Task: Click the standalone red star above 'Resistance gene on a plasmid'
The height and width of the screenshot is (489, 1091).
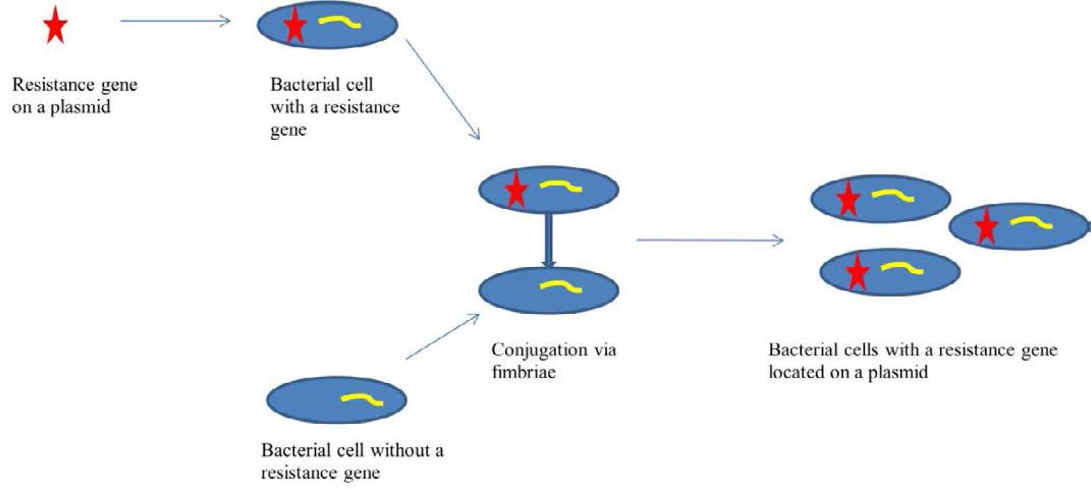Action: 55,27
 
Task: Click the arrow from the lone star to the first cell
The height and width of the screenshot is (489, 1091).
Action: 175,21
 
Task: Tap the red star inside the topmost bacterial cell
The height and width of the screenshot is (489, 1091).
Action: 295,26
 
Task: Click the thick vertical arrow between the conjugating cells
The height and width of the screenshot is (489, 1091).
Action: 549,240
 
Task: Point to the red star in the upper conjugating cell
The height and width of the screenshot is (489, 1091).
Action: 517,190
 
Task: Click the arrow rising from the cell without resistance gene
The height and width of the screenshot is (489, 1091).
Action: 443,336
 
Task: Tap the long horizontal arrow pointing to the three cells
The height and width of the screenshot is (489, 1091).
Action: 709,240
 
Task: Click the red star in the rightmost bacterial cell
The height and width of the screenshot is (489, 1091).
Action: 986,228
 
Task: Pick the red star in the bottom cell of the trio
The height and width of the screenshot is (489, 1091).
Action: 857,272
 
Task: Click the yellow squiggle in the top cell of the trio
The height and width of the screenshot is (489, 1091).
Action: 893,196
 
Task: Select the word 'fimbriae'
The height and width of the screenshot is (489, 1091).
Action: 523,372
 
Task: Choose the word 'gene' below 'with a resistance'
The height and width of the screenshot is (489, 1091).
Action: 288,130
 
